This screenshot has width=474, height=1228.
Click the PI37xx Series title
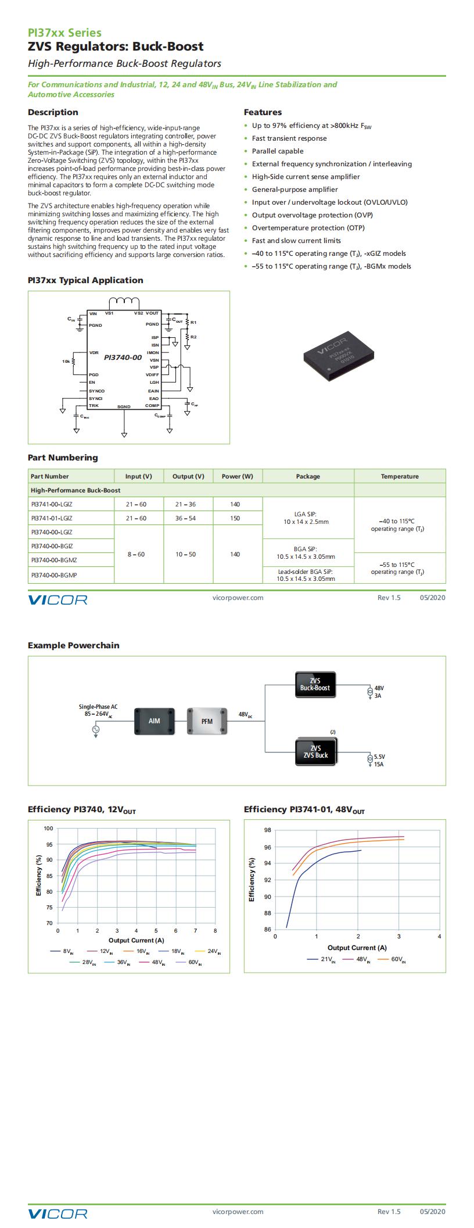click(x=64, y=33)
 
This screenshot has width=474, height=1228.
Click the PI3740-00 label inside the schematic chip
click(x=123, y=358)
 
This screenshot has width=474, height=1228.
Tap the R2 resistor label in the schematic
click(x=193, y=337)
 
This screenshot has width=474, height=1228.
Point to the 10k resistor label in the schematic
click(x=66, y=361)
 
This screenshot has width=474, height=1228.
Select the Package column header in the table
click(x=308, y=476)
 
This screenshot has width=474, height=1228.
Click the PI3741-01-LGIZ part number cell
click(x=52, y=518)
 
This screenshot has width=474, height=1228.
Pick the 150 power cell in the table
click(x=235, y=518)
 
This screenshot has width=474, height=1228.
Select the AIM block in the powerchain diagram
click(x=154, y=721)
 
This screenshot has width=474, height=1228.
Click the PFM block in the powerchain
click(x=207, y=721)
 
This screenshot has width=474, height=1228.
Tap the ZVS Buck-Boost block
click(x=315, y=684)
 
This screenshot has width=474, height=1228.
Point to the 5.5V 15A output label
click(x=379, y=761)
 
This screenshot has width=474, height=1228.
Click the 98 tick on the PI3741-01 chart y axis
click(x=267, y=830)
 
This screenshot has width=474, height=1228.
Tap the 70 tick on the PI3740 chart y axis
click(x=49, y=923)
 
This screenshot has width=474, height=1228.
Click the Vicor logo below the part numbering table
click(x=58, y=599)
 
